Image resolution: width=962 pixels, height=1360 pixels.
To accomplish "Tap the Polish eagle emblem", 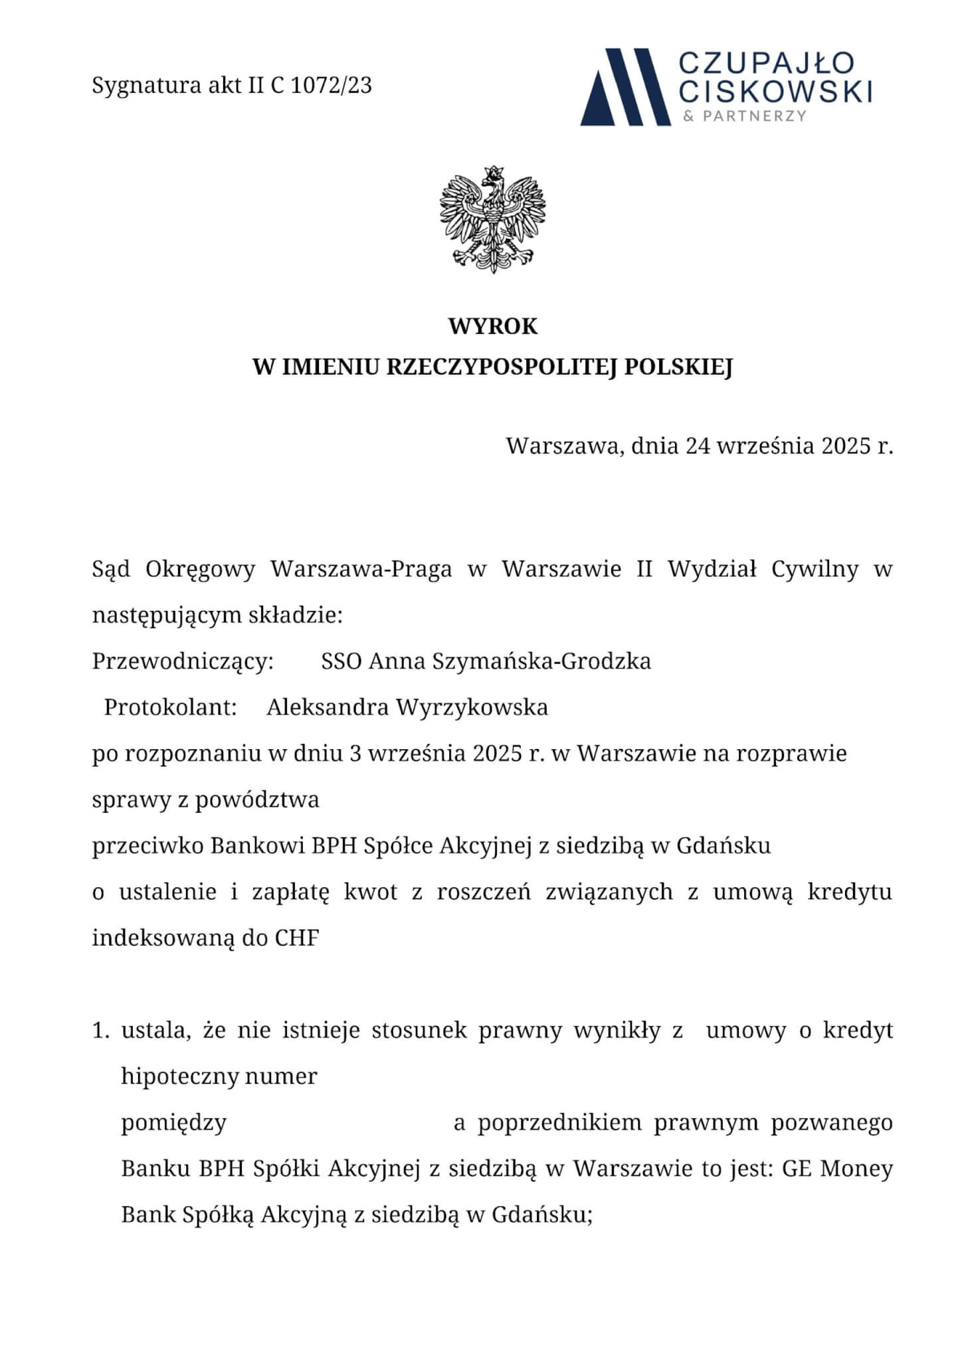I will point(492,219).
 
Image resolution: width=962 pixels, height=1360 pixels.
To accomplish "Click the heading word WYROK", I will point(492,327).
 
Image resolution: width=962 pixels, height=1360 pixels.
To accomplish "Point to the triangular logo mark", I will point(625,86).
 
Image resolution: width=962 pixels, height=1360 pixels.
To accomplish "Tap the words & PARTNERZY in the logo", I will point(745,116).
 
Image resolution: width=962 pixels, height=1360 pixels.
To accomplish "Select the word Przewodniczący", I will point(183,661).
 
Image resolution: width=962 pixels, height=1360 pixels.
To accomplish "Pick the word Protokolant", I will point(171,707).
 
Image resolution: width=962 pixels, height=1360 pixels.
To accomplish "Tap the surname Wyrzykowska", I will point(472,707).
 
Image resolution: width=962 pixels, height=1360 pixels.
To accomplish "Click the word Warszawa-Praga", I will point(361,569).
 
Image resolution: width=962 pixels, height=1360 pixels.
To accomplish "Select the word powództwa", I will point(257,800).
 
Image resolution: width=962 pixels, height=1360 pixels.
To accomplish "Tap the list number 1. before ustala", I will point(101,1031).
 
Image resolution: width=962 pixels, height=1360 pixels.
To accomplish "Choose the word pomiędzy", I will point(173,1123).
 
